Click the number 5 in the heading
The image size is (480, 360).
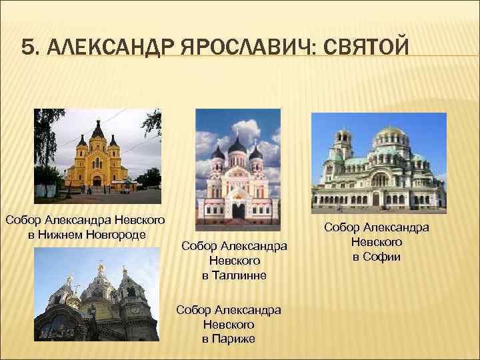point(26,47)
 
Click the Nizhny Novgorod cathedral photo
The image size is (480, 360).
point(98,156)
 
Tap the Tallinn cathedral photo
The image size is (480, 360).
point(238,169)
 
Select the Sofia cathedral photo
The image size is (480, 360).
point(379,163)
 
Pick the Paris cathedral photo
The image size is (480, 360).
point(97,294)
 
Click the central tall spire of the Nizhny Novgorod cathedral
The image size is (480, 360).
point(97,131)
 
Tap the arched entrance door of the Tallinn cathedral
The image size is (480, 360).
point(238,211)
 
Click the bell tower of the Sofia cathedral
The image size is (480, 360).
point(343,143)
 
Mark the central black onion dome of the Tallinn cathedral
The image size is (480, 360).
point(238,143)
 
